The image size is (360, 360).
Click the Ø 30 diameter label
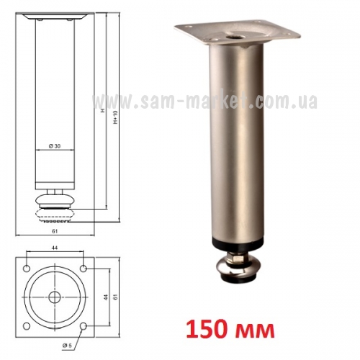[55, 146]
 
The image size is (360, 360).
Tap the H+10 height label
[115, 117]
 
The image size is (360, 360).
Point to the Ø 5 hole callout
[67, 346]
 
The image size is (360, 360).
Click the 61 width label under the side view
[55, 231]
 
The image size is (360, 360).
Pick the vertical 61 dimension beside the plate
[116, 297]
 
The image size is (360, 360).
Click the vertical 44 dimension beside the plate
[106, 297]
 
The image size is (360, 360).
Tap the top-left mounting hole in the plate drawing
[27, 269]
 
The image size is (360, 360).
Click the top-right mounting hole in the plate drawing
[84, 269]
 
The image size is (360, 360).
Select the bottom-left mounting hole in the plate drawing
[27, 326]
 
